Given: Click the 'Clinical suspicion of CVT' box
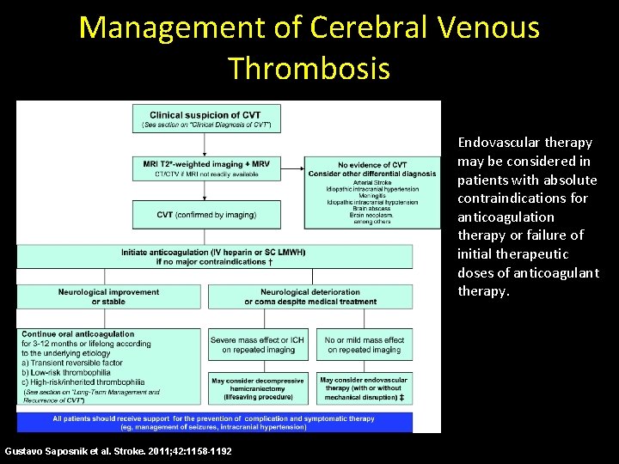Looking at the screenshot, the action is pos(206,119).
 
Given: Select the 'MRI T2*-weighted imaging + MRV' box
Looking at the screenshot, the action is pos(206,168).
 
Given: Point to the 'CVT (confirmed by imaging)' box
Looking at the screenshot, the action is pos(206,214).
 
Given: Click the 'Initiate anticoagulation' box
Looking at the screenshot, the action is pos(213,256).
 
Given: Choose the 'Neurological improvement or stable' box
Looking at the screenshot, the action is pos(108,296).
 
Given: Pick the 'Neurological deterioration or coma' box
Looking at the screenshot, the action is pos(310,296).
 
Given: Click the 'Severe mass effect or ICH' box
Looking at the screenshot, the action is pos(257,345).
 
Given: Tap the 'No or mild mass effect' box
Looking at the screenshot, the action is pos(364,345).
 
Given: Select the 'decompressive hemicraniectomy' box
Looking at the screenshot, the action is pos(257,388).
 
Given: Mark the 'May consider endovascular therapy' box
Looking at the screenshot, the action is pos(364,388).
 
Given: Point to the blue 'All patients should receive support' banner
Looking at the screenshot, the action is pos(213,422).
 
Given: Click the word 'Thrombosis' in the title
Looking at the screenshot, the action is pos(309,67).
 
